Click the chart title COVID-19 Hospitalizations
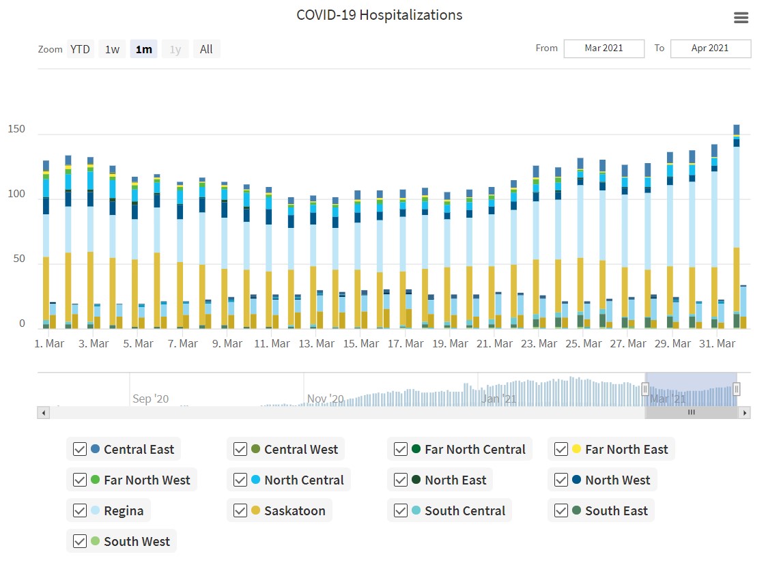pos(379,15)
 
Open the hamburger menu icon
pos(741,18)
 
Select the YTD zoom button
pos(80,49)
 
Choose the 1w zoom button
pos(112,49)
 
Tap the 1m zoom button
pos(143,49)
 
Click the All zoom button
pos(206,49)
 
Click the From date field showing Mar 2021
pos(604,48)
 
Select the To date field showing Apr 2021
pos(710,48)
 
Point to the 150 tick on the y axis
pos(16,129)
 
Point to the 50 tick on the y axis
pos(19,259)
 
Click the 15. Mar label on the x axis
pos(360,344)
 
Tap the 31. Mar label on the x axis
pos(717,344)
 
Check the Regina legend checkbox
pos(80,511)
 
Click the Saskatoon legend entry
pos(294,511)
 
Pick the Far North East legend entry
pos(626,450)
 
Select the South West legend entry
pos(137,542)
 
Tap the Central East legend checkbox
pos(80,450)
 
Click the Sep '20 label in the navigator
pos(150,399)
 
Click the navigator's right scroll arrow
pos(745,413)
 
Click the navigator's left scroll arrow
pos(43,413)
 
